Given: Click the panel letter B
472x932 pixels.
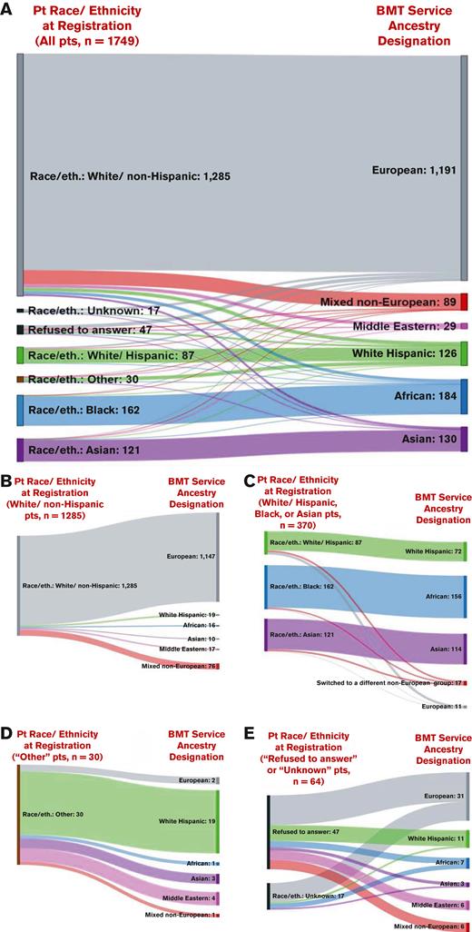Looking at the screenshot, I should click(x=8, y=479).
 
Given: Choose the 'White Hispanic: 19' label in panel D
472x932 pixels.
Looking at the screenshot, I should click(x=192, y=820).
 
